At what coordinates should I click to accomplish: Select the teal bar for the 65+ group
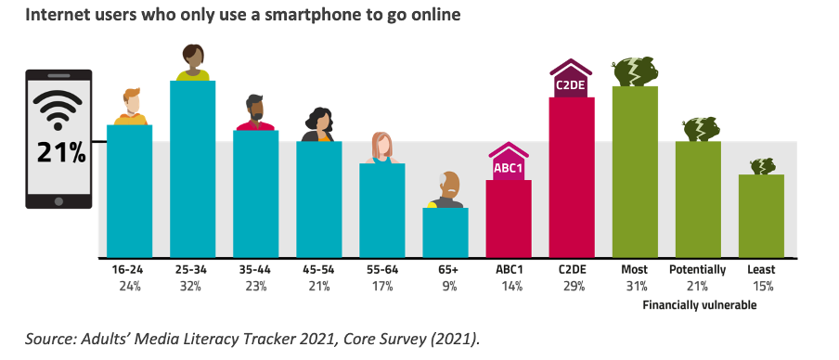445,232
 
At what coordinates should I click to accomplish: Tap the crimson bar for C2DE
572,176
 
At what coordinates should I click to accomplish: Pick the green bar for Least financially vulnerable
761,215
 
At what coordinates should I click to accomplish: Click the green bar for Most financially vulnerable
635,172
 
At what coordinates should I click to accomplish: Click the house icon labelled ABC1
509,161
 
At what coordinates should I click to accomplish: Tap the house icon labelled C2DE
572,78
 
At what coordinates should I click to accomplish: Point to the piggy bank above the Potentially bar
698,129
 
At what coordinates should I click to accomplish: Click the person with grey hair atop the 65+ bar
446,191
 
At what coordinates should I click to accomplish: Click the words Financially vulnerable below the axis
698,303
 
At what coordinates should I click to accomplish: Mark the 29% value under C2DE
572,287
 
